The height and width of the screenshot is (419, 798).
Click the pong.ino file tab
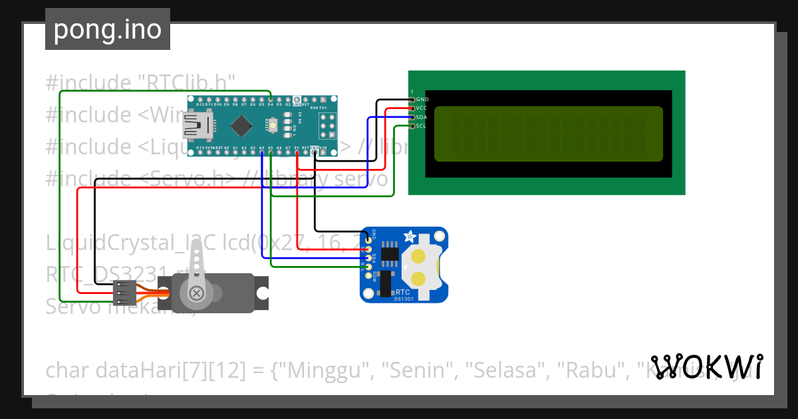(x=107, y=29)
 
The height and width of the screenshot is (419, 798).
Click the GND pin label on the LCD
(x=422, y=99)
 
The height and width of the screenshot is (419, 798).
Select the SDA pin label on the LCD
(x=422, y=116)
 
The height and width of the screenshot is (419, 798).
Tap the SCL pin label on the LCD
(x=421, y=126)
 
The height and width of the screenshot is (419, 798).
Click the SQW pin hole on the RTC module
(x=368, y=275)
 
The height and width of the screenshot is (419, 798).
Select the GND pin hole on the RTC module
(x=368, y=239)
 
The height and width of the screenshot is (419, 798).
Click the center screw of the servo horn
(x=196, y=293)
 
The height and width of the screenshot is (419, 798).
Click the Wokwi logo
(x=707, y=366)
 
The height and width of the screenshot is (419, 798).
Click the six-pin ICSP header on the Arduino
(x=326, y=125)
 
